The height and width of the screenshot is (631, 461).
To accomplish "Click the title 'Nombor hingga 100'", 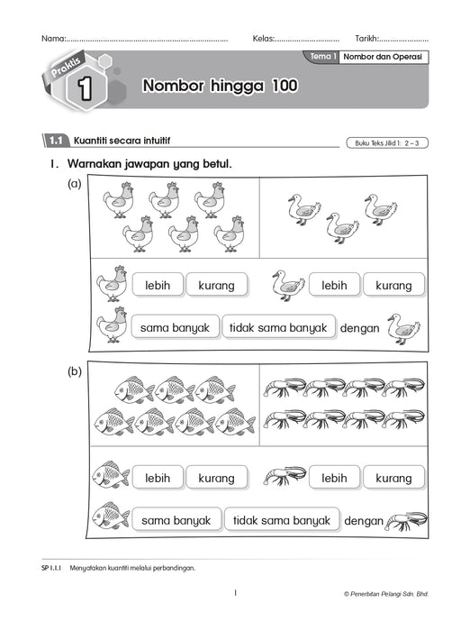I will tap(219, 87).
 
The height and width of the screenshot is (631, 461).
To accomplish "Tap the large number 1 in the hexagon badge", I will tap(84, 89).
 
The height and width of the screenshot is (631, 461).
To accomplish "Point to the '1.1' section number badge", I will tap(55, 141).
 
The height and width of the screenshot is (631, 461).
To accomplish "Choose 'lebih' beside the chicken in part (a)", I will tap(158, 285).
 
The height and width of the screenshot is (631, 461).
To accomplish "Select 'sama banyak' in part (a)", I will tap(175, 327).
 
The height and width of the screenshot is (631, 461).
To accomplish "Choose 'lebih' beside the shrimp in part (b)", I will tap(334, 478).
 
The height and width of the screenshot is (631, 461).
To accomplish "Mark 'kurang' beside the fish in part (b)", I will tap(216, 478).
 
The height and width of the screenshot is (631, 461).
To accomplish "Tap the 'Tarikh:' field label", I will tap(367, 39).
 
